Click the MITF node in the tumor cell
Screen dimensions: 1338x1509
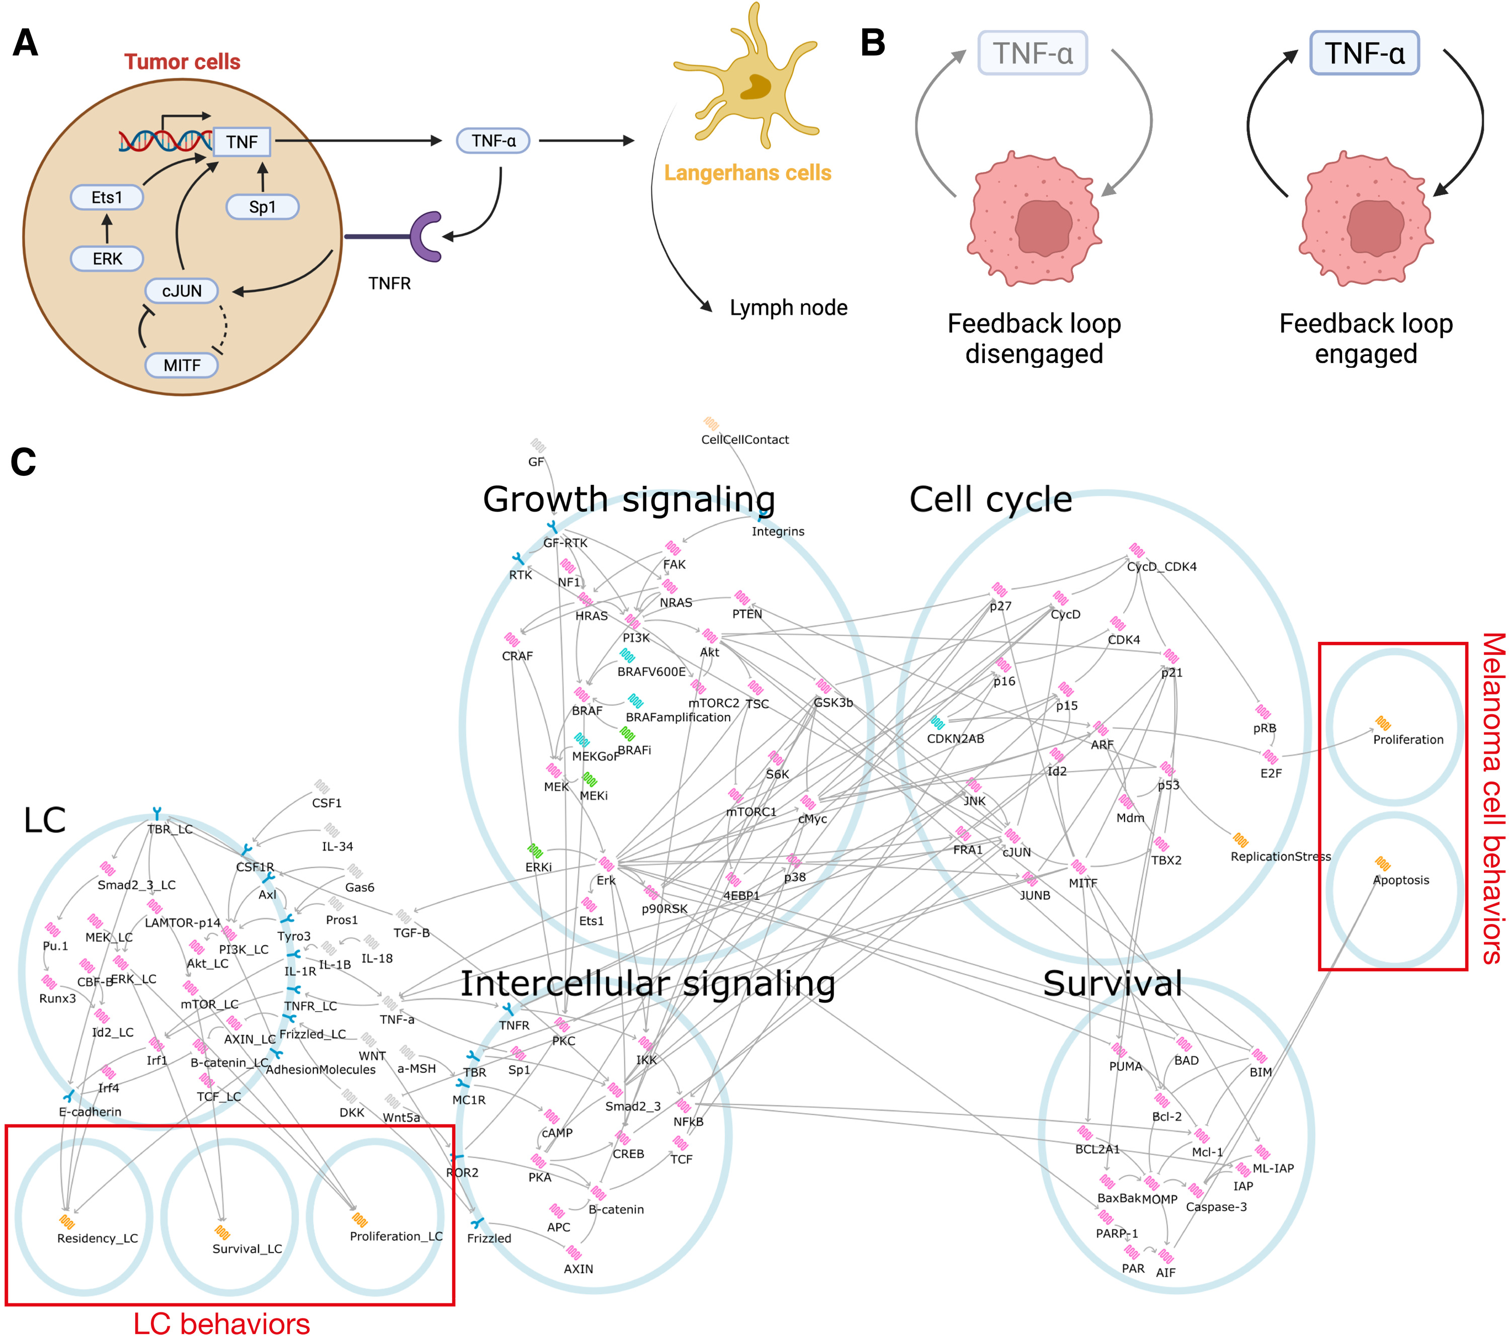[182, 365]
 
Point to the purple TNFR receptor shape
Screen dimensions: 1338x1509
[426, 236]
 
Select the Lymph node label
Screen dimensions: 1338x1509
[788, 307]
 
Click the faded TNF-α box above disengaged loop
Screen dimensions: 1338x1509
[1032, 53]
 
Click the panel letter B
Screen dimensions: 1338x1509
[873, 43]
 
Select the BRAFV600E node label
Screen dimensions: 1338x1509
[651, 671]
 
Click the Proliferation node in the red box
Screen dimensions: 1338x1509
[1407, 739]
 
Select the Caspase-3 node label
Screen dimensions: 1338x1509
[1215, 1207]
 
